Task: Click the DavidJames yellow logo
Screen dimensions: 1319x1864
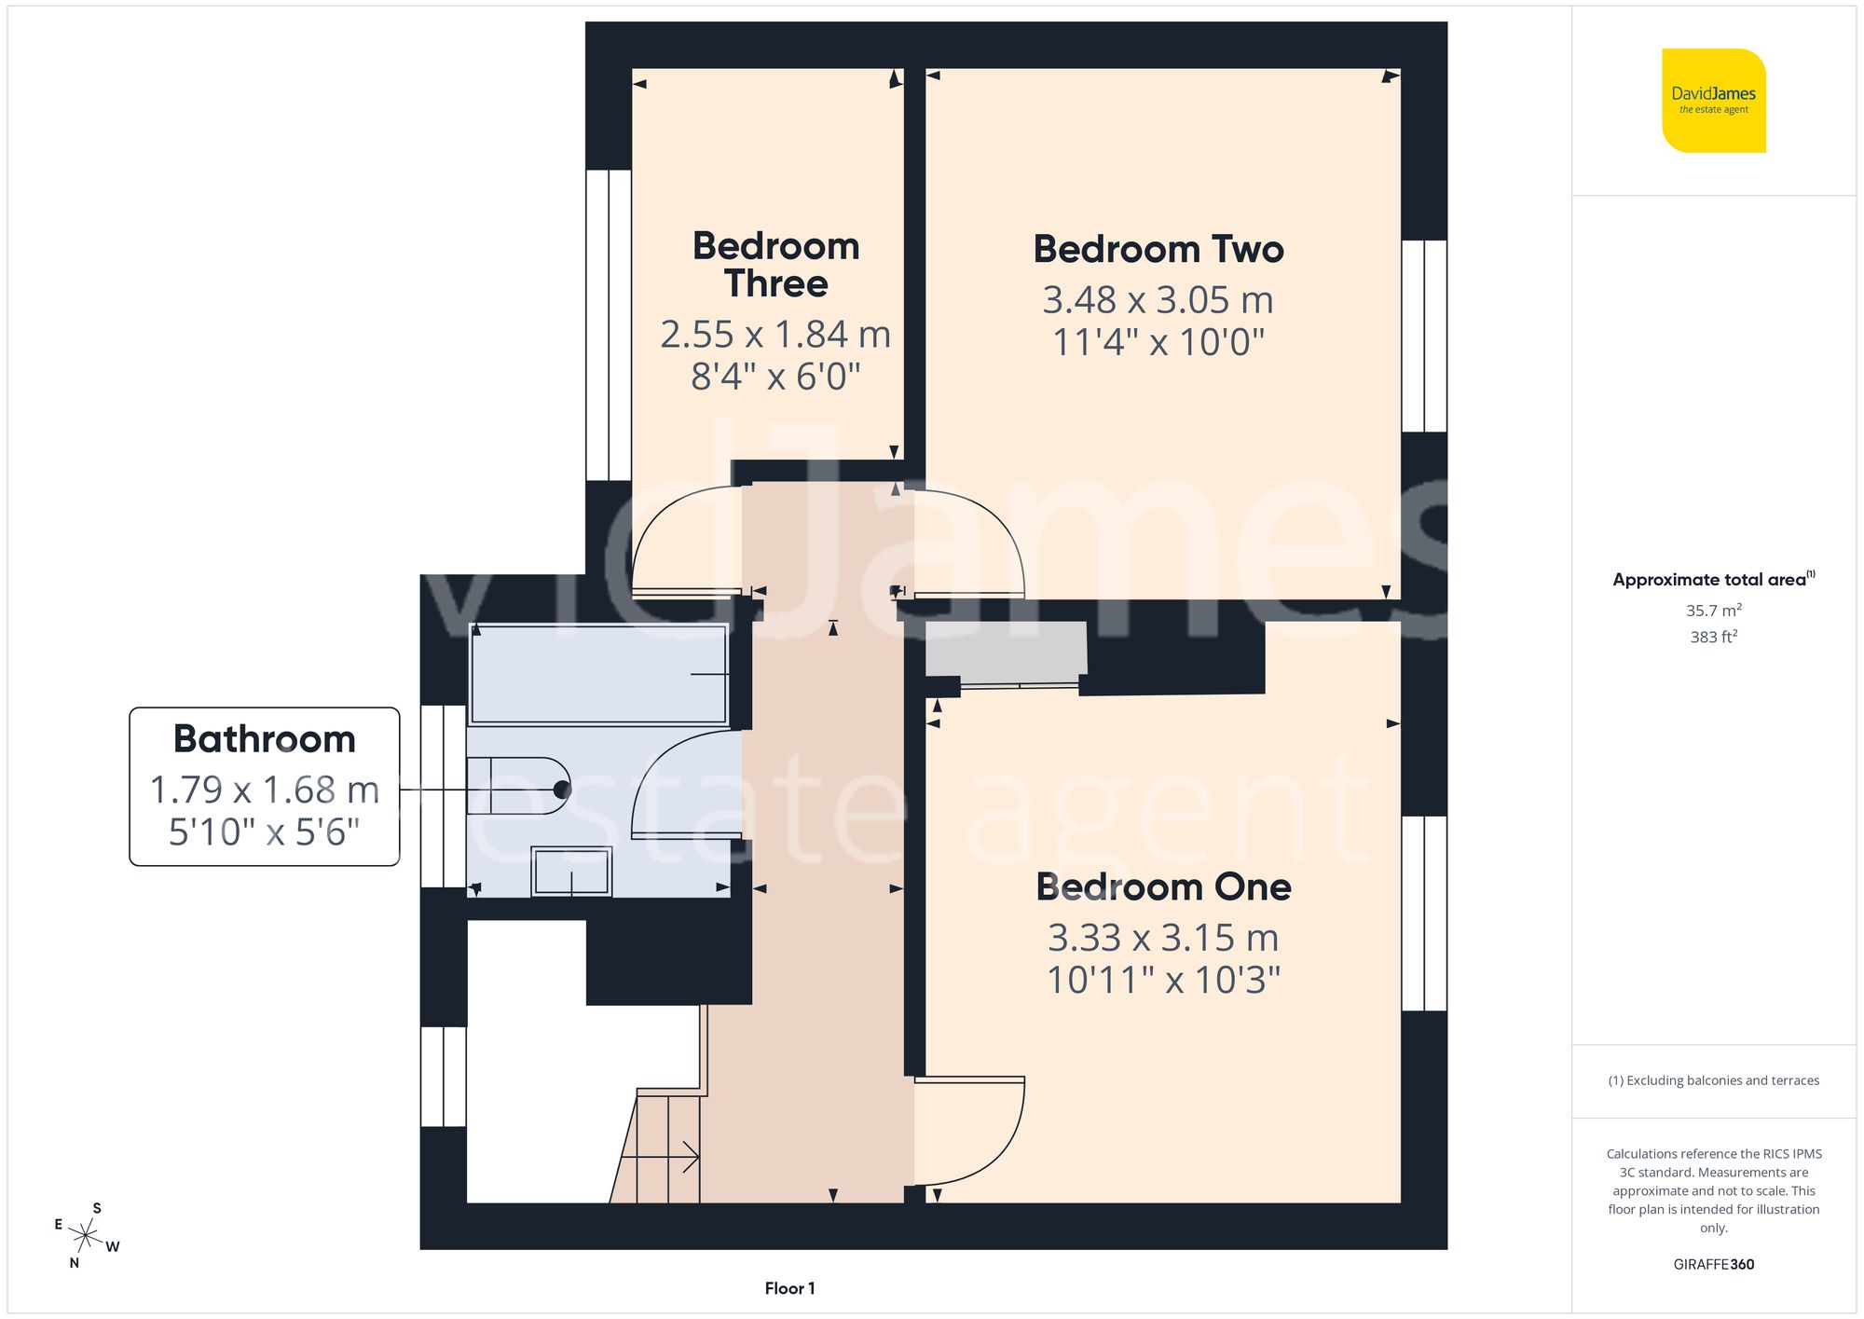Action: coord(1713,101)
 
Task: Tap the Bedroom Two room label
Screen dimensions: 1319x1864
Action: coord(1158,250)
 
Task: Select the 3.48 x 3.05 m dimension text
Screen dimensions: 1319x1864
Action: coord(1158,300)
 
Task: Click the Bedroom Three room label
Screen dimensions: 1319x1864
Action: coord(775,265)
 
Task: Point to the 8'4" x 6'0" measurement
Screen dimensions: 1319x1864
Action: coord(775,377)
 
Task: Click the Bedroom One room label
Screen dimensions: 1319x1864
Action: coord(1163,887)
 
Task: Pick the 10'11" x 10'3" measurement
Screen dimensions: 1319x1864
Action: coord(1163,981)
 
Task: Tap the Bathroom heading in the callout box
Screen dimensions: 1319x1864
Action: coord(265,739)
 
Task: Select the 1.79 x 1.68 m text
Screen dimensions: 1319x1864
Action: coord(265,790)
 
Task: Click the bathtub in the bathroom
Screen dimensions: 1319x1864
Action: coord(598,674)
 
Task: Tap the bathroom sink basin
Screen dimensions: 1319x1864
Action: coord(571,872)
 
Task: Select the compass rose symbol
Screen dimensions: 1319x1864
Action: coord(86,1237)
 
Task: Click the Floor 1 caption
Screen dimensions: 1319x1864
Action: coord(789,1288)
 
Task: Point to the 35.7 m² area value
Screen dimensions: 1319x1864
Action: coord(1713,611)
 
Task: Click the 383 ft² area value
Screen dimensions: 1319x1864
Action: coord(1713,637)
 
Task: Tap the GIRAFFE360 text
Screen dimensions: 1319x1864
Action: coord(1713,1265)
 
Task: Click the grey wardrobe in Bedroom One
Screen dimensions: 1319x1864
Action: coord(1006,649)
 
